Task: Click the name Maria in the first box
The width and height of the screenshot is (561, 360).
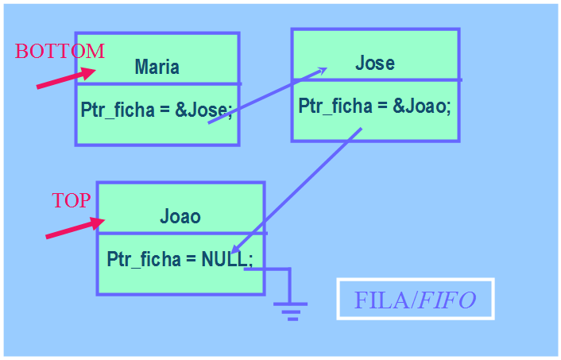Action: [157, 67]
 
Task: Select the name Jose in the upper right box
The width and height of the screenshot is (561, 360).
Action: [374, 63]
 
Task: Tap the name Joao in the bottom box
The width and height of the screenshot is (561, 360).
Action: [180, 216]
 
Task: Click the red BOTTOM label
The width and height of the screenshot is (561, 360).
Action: [60, 52]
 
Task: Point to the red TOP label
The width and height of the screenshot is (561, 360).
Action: [72, 200]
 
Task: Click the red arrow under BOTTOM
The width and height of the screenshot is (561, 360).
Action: [65, 77]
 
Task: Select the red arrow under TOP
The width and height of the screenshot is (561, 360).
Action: [75, 227]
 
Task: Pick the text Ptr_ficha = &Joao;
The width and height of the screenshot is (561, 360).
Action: [374, 106]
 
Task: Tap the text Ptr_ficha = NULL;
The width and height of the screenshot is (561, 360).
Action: [180, 259]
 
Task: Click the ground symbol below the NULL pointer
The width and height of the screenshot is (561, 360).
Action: [291, 308]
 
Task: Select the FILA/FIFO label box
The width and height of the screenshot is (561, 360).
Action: [415, 299]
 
